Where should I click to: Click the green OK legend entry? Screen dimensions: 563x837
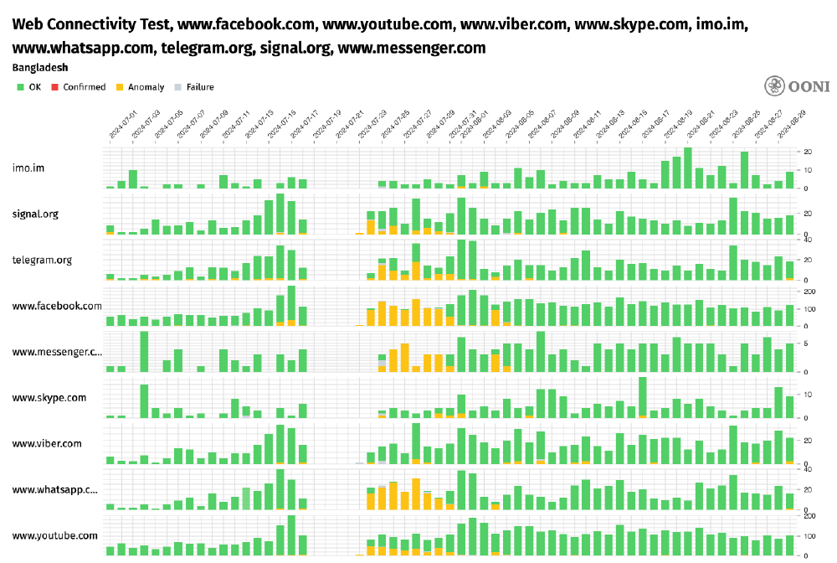[x=29, y=86]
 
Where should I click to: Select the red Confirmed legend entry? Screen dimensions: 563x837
[x=79, y=86]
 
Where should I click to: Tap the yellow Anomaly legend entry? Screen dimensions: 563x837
[x=140, y=86]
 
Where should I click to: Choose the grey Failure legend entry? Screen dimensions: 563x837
[x=194, y=86]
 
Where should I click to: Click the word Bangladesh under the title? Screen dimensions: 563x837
[x=39, y=66]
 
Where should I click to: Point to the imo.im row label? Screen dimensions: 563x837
[x=28, y=168]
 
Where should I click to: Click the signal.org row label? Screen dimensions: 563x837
[x=35, y=214]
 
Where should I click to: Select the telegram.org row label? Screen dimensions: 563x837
[x=42, y=260]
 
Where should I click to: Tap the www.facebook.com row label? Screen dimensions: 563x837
[x=57, y=306]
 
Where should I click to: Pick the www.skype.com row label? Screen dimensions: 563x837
[x=49, y=397]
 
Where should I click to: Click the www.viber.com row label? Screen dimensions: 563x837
[x=47, y=443]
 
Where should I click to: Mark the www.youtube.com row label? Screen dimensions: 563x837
[x=54, y=535]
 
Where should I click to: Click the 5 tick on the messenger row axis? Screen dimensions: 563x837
[x=805, y=343]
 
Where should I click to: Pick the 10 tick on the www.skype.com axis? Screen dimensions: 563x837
[x=807, y=394]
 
